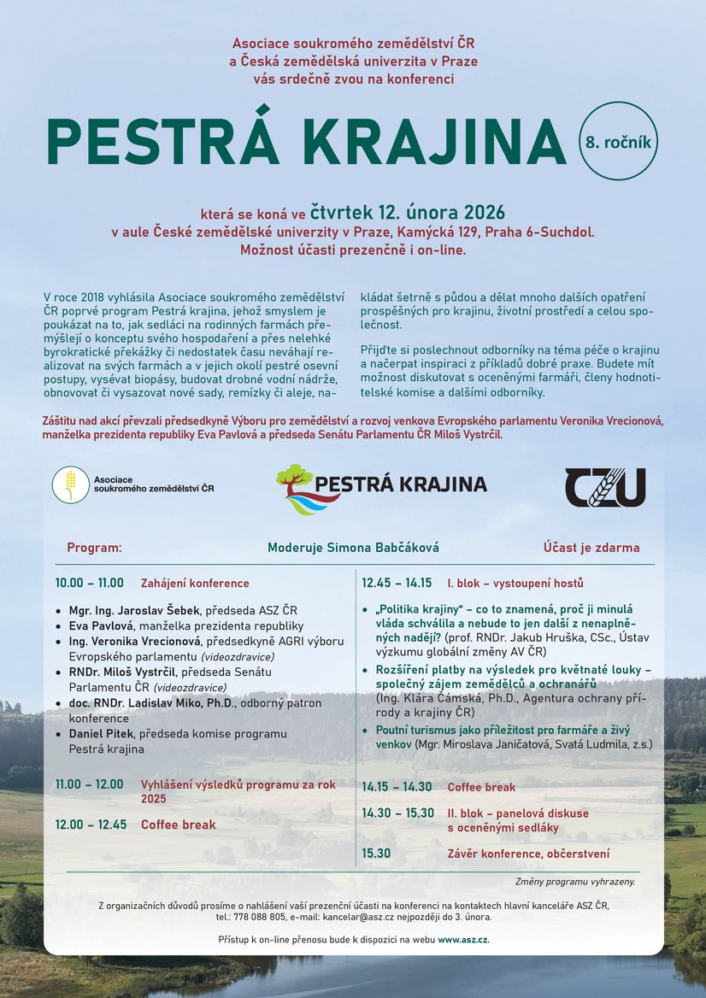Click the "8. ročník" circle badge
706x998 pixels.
click(618, 142)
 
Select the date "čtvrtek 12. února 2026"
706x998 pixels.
click(408, 212)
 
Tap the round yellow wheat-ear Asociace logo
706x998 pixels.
click(70, 485)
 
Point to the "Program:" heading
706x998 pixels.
click(94, 548)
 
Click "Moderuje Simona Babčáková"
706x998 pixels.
click(353, 548)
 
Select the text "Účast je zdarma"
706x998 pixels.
click(591, 548)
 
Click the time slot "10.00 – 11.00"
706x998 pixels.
click(90, 584)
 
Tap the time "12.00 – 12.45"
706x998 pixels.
click(90, 825)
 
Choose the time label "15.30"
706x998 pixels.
click(376, 854)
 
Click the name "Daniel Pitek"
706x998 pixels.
click(104, 734)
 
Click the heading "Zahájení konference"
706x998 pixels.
click(195, 584)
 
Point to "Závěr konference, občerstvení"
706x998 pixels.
click(528, 854)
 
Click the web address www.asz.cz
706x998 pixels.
click(463, 940)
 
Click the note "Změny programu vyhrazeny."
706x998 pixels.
click(575, 881)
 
